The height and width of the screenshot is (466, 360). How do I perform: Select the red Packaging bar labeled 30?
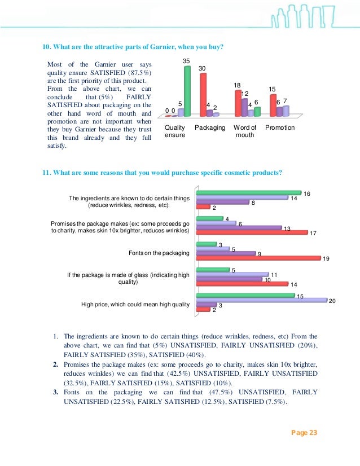click(x=203, y=94)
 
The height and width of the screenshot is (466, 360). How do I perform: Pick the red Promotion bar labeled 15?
click(x=273, y=105)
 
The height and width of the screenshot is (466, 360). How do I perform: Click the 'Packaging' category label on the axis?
click(x=209, y=128)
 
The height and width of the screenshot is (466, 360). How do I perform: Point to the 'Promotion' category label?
click(x=279, y=128)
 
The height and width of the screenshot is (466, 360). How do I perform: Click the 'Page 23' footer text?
click(x=304, y=433)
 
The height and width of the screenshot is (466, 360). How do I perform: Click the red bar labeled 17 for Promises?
click(x=251, y=232)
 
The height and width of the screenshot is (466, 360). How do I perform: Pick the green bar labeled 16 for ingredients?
click(x=248, y=193)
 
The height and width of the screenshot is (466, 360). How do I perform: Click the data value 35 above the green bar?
click(x=186, y=60)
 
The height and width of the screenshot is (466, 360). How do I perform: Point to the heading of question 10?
click(x=133, y=47)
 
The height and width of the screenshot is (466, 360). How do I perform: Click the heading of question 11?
click(x=163, y=173)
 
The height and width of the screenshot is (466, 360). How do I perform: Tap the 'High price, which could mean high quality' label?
click(x=135, y=305)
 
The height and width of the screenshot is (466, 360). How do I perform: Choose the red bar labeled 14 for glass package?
click(x=242, y=284)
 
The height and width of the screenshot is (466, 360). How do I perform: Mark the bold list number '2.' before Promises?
click(x=56, y=364)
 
